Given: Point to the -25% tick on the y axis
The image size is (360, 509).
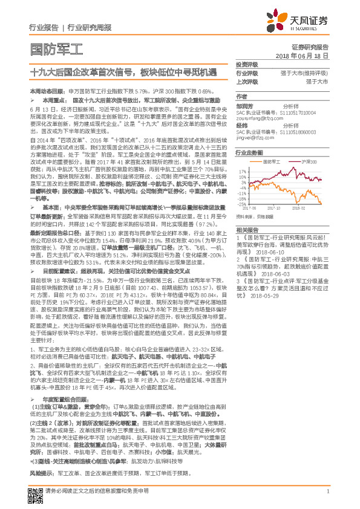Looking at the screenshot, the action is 243,202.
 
